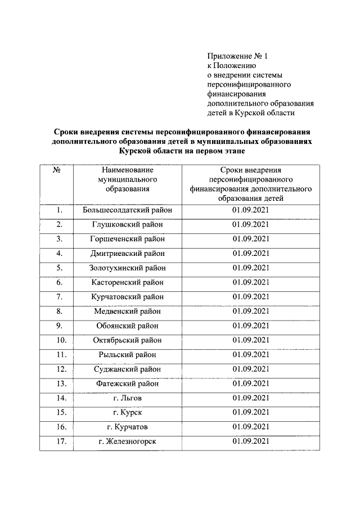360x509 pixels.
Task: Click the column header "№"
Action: tap(56, 169)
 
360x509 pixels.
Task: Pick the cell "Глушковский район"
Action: tap(127, 224)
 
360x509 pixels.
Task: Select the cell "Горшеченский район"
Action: tap(127, 238)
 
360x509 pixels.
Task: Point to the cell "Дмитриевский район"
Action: tap(127, 253)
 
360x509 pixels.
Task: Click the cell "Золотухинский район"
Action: tap(127, 268)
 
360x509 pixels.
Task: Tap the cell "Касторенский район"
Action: tap(127, 282)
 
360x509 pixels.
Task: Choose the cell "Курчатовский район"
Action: tap(127, 296)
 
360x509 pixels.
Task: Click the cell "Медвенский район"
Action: tap(127, 311)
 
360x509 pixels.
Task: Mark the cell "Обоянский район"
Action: tap(127, 326)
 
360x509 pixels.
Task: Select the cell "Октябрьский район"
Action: tap(127, 340)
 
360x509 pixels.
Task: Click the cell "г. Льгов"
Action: tap(127, 398)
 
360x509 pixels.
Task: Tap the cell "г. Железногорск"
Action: tap(127, 442)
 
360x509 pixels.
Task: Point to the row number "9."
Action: tap(58, 326)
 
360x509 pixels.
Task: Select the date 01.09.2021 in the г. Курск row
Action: tap(250, 413)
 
